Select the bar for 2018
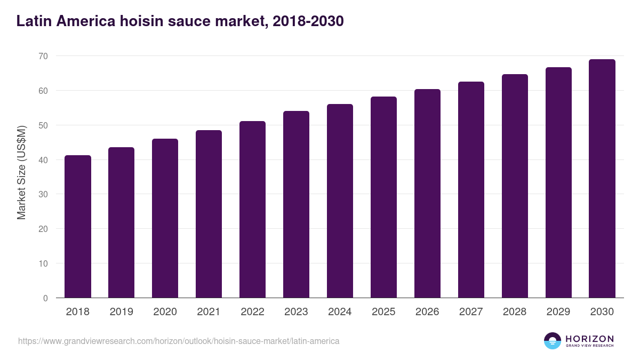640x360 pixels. (78, 227)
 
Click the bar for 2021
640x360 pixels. (209, 214)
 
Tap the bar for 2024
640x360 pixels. (340, 201)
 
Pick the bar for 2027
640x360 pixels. (471, 190)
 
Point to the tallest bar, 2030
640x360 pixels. (602, 179)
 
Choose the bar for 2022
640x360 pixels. (252, 210)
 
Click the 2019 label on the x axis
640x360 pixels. (122, 312)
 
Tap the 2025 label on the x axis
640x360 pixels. (383, 312)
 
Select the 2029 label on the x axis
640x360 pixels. (558, 312)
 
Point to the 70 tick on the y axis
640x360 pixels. (43, 56)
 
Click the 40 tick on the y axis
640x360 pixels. (43, 160)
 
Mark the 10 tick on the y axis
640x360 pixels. (43, 263)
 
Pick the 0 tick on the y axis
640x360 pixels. (45, 298)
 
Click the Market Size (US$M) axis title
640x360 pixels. (22, 173)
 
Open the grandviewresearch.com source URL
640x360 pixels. (179, 341)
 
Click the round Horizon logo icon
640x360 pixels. (552, 341)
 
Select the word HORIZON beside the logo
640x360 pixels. (589, 339)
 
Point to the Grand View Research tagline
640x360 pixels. (589, 346)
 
